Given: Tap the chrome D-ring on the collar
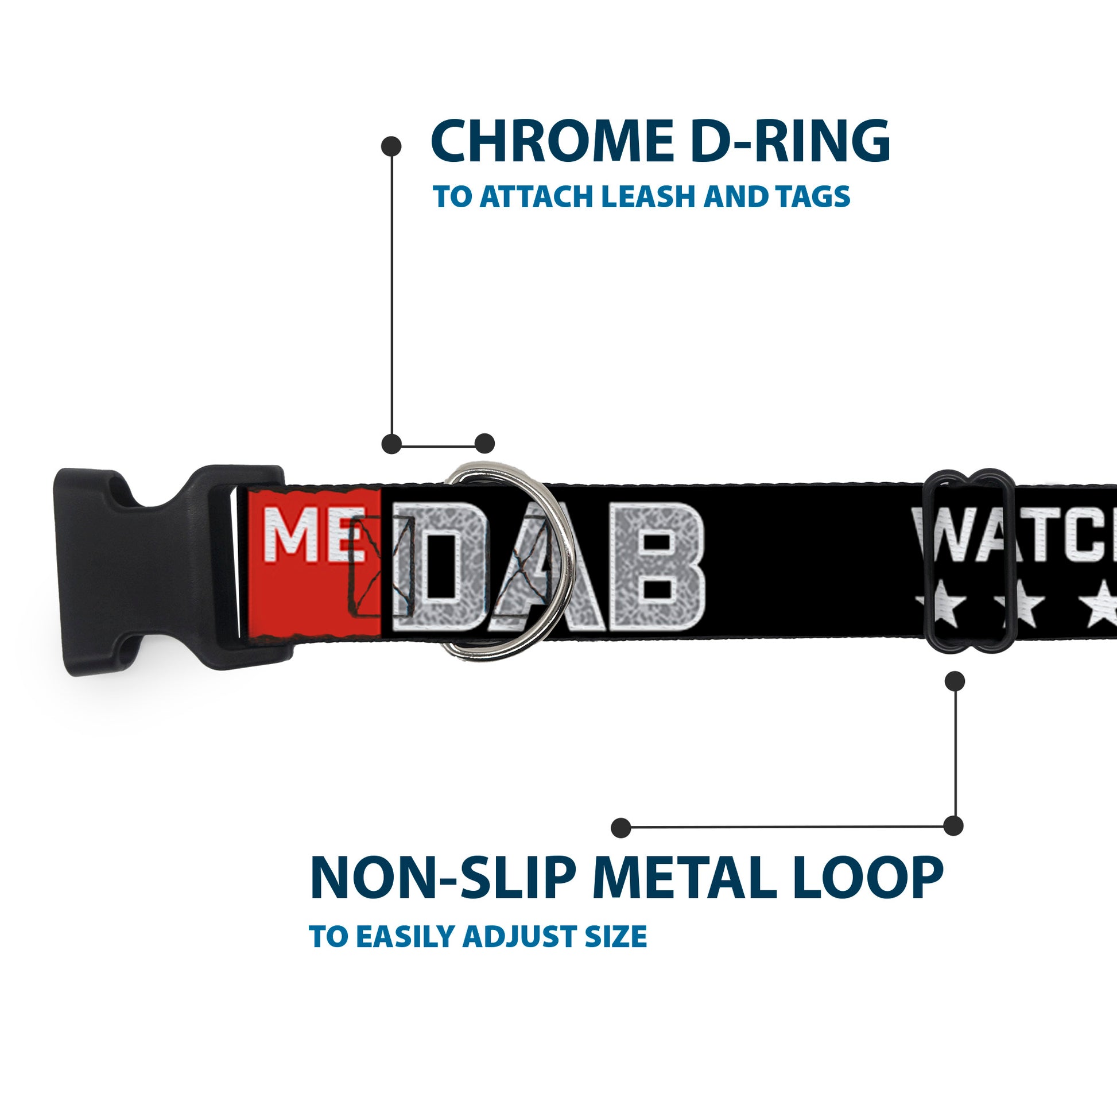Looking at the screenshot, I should [x=564, y=555].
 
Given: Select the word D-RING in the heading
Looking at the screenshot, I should [x=790, y=141].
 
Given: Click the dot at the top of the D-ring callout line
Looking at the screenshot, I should [x=391, y=146].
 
